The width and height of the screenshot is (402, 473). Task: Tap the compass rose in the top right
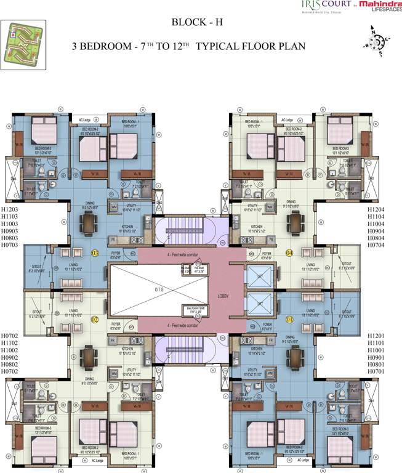click(376, 41)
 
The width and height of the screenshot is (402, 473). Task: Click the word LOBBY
click(223, 296)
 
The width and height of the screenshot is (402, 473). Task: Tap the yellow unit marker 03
click(95, 253)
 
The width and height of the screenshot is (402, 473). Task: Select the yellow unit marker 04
click(289, 253)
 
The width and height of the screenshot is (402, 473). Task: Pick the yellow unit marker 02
click(95, 320)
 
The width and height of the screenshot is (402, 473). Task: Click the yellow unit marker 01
click(289, 320)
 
